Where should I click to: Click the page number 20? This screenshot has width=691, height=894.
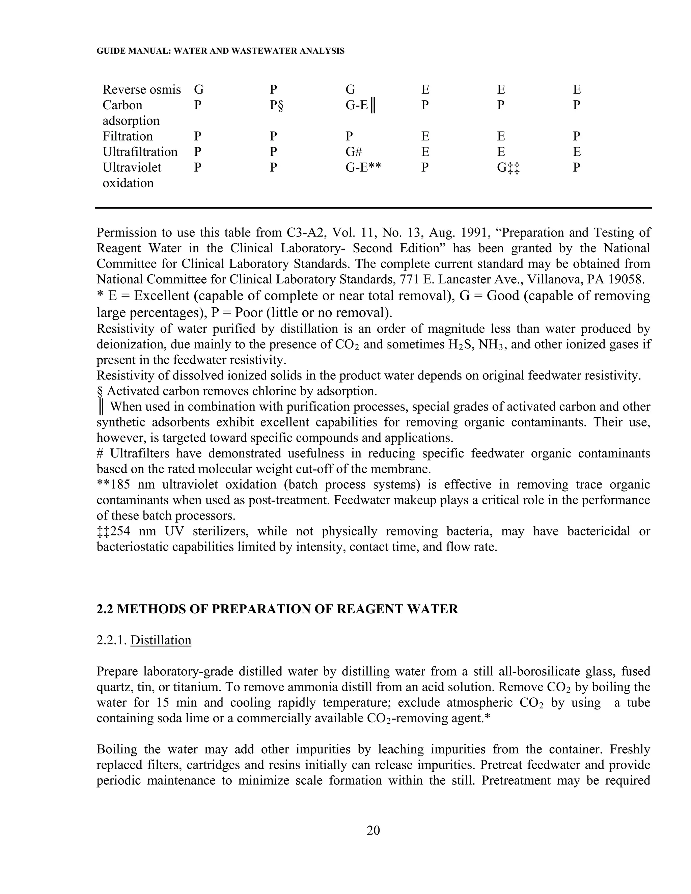click(x=373, y=830)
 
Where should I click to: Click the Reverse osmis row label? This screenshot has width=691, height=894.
click(x=141, y=89)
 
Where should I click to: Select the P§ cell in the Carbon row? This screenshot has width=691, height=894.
click(x=276, y=105)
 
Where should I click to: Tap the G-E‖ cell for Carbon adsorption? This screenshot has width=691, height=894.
click(x=361, y=105)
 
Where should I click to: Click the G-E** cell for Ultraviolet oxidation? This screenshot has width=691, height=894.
click(x=363, y=167)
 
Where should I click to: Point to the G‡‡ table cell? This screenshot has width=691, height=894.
click(x=508, y=167)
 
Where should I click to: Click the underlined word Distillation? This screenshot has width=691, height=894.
click(x=161, y=640)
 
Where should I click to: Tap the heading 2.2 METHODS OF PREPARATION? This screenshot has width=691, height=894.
click(x=277, y=609)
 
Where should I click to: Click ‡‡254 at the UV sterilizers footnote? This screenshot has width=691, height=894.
click(x=113, y=531)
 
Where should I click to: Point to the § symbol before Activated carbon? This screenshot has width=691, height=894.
click(x=100, y=391)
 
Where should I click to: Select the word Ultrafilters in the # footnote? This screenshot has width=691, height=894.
click(x=140, y=453)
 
